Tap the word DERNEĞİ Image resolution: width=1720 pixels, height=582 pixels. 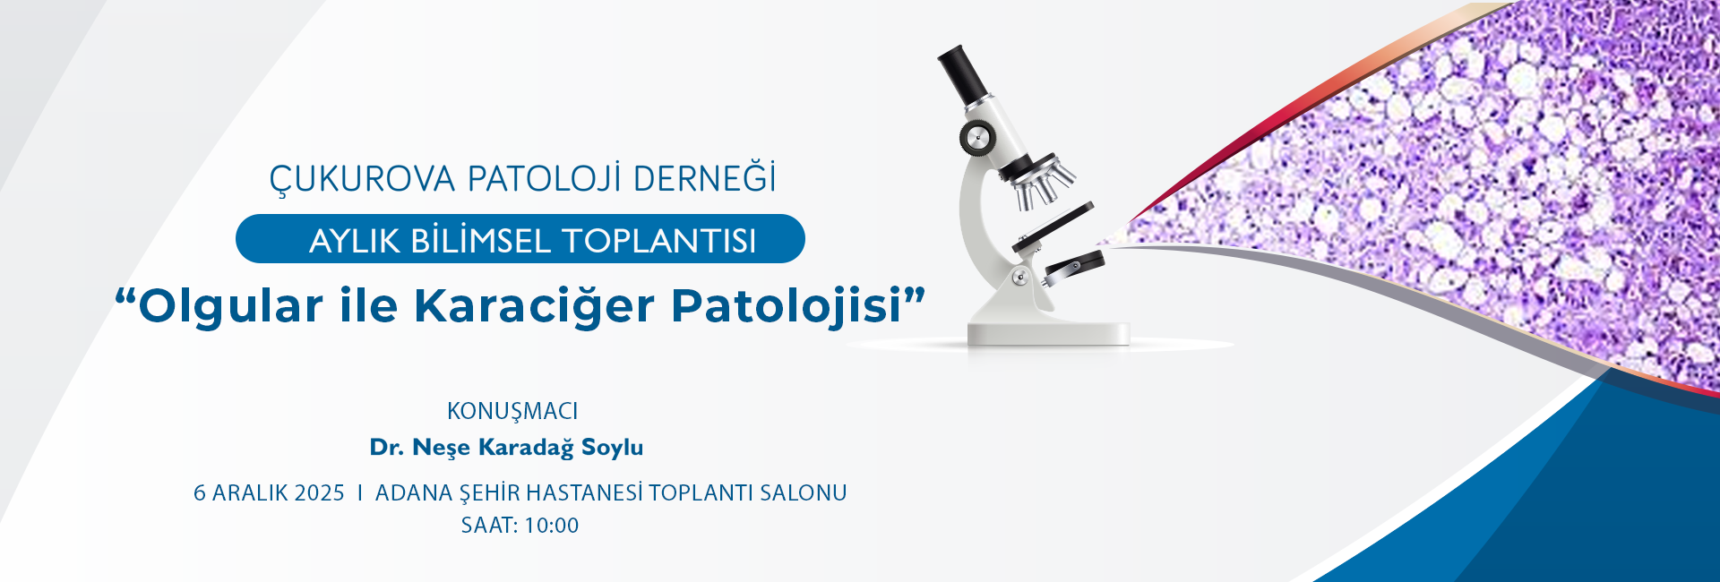704,177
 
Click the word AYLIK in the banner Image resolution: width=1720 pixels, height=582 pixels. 355,241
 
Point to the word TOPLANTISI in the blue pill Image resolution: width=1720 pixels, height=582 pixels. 658,241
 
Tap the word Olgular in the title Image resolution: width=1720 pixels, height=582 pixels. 230,304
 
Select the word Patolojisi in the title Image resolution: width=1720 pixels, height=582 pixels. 787,304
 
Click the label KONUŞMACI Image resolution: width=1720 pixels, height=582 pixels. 512,412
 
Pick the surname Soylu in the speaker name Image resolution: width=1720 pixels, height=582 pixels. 613,448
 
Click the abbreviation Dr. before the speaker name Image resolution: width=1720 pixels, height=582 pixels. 387,448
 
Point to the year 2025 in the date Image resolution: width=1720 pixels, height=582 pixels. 320,493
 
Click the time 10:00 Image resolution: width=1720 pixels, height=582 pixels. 552,526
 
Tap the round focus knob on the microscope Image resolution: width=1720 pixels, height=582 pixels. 976,138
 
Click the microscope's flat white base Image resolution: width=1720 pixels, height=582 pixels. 1048,333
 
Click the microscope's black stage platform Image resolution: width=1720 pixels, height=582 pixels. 1053,227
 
